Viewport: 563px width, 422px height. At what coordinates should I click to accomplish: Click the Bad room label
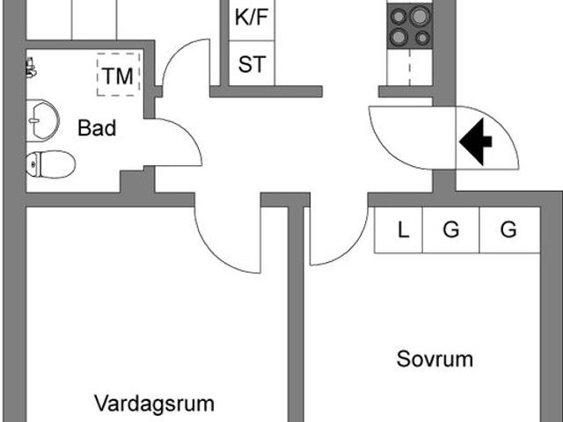pyautogui.click(x=97, y=128)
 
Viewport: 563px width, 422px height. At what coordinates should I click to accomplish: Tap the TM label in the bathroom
pyautogui.click(x=118, y=76)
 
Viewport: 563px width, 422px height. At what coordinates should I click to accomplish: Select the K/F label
pyautogui.click(x=252, y=17)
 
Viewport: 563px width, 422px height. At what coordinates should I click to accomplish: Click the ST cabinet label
pyautogui.click(x=252, y=64)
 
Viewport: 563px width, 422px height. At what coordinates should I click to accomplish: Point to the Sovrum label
pyautogui.click(x=435, y=359)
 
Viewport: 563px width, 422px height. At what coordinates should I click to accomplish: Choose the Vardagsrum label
pyautogui.click(x=155, y=404)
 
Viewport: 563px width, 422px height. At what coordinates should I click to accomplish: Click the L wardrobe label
pyautogui.click(x=403, y=229)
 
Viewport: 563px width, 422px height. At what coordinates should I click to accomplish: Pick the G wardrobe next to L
pyautogui.click(x=451, y=229)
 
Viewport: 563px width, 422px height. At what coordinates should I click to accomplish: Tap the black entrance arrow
pyautogui.click(x=476, y=142)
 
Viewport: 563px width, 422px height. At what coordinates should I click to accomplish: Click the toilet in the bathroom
pyautogui.click(x=51, y=164)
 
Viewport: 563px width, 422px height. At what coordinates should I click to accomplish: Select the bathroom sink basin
pyautogui.click(x=42, y=120)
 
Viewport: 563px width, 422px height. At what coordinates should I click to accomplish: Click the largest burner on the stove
pyautogui.click(x=420, y=16)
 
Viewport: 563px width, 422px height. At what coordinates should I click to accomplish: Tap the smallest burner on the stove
pyautogui.click(x=423, y=37)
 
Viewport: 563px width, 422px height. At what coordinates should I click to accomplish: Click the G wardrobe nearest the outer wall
pyautogui.click(x=508, y=229)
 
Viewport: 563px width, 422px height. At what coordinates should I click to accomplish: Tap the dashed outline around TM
pyautogui.click(x=97, y=75)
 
